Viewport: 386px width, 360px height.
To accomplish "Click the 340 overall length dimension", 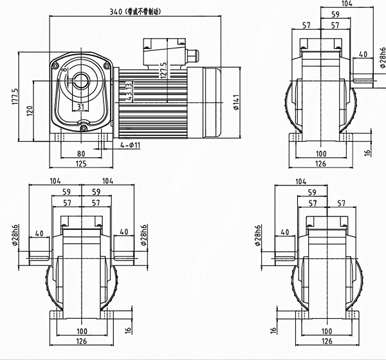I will (x=116, y=11).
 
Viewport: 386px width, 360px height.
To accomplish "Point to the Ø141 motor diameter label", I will (x=236, y=101).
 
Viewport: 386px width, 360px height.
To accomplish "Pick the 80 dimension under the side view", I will (x=80, y=153).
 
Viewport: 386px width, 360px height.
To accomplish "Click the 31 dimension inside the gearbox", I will (x=80, y=106).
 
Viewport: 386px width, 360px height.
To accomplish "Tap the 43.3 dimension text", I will (x=129, y=91).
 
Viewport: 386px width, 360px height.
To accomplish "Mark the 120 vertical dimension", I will (x=29, y=111).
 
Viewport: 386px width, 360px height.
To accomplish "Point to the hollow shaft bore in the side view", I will (x=80, y=80).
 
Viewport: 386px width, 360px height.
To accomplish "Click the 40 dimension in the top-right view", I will (x=363, y=55).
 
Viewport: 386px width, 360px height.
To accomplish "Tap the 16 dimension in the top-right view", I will (x=367, y=153).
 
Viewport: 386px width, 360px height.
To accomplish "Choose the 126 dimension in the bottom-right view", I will (x=327, y=343).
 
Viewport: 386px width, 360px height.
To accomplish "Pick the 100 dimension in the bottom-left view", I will (x=82, y=331).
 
